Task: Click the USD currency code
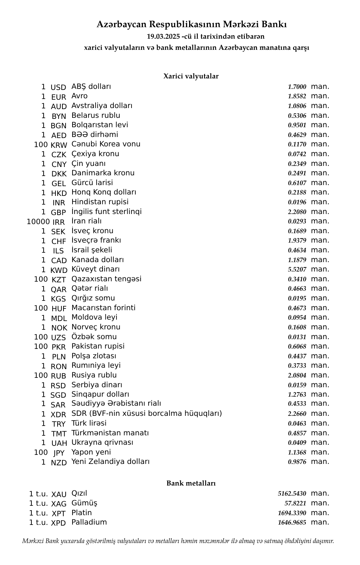pyautogui.click(x=58, y=87)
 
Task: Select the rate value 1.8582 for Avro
pyautogui.click(x=297, y=97)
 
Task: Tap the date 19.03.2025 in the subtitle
pyautogui.click(x=163, y=37)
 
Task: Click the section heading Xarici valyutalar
pyautogui.click(x=191, y=76)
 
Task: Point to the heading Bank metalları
pyautogui.click(x=191, y=483)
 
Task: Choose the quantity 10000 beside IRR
pyautogui.click(x=38, y=222)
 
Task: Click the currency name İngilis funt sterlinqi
pyautogui.click(x=106, y=212)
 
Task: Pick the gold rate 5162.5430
pyautogui.click(x=292, y=494)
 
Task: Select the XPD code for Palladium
pyautogui.click(x=58, y=523)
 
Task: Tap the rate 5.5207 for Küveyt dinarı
pyautogui.click(x=297, y=269)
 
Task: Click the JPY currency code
pyautogui.click(x=59, y=453)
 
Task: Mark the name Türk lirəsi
pyautogui.click(x=89, y=423)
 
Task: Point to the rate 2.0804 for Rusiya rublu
pyautogui.click(x=297, y=375)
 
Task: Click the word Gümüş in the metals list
pyautogui.click(x=84, y=503)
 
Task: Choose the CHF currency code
pyautogui.click(x=59, y=242)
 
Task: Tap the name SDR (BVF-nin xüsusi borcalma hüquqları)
pyautogui.click(x=147, y=413)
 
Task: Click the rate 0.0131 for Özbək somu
pyautogui.click(x=297, y=337)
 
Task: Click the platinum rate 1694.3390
pyautogui.click(x=292, y=513)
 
